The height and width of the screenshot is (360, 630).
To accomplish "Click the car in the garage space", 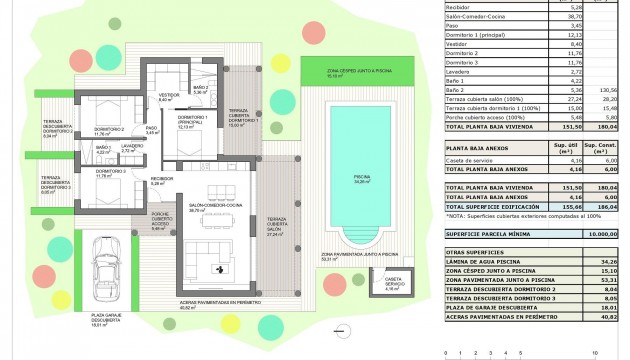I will pos(102,269).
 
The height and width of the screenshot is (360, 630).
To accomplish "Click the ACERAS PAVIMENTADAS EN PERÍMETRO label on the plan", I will pos(214,303).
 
